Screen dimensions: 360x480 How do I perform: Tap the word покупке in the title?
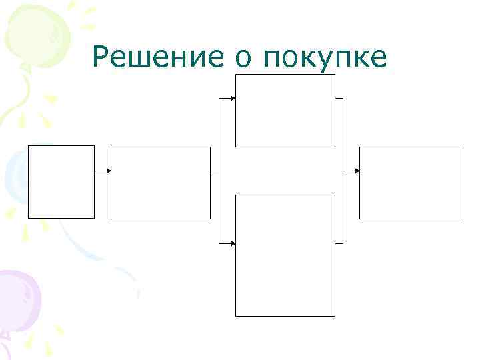pos(325,58)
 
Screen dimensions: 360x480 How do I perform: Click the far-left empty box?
pos(61,181)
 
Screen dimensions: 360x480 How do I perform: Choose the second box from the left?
pos(160,183)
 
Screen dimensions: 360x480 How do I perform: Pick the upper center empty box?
pos(285,110)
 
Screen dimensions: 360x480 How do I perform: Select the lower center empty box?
pos(285,255)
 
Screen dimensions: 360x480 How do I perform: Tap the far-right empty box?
pos(409,183)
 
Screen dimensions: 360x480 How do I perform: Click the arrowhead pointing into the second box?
pos(108,171)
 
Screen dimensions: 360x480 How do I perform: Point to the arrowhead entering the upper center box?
pos(233,99)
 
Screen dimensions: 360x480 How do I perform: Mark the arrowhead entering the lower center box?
pos(233,243)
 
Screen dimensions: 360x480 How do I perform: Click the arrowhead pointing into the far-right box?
pos(357,171)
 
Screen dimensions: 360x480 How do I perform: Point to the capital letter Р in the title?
pos(102,58)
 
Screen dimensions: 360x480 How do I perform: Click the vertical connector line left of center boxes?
pos(219,171)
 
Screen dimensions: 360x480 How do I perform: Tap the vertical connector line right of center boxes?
pos(343,171)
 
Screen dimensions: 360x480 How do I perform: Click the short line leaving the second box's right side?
pos(215,171)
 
